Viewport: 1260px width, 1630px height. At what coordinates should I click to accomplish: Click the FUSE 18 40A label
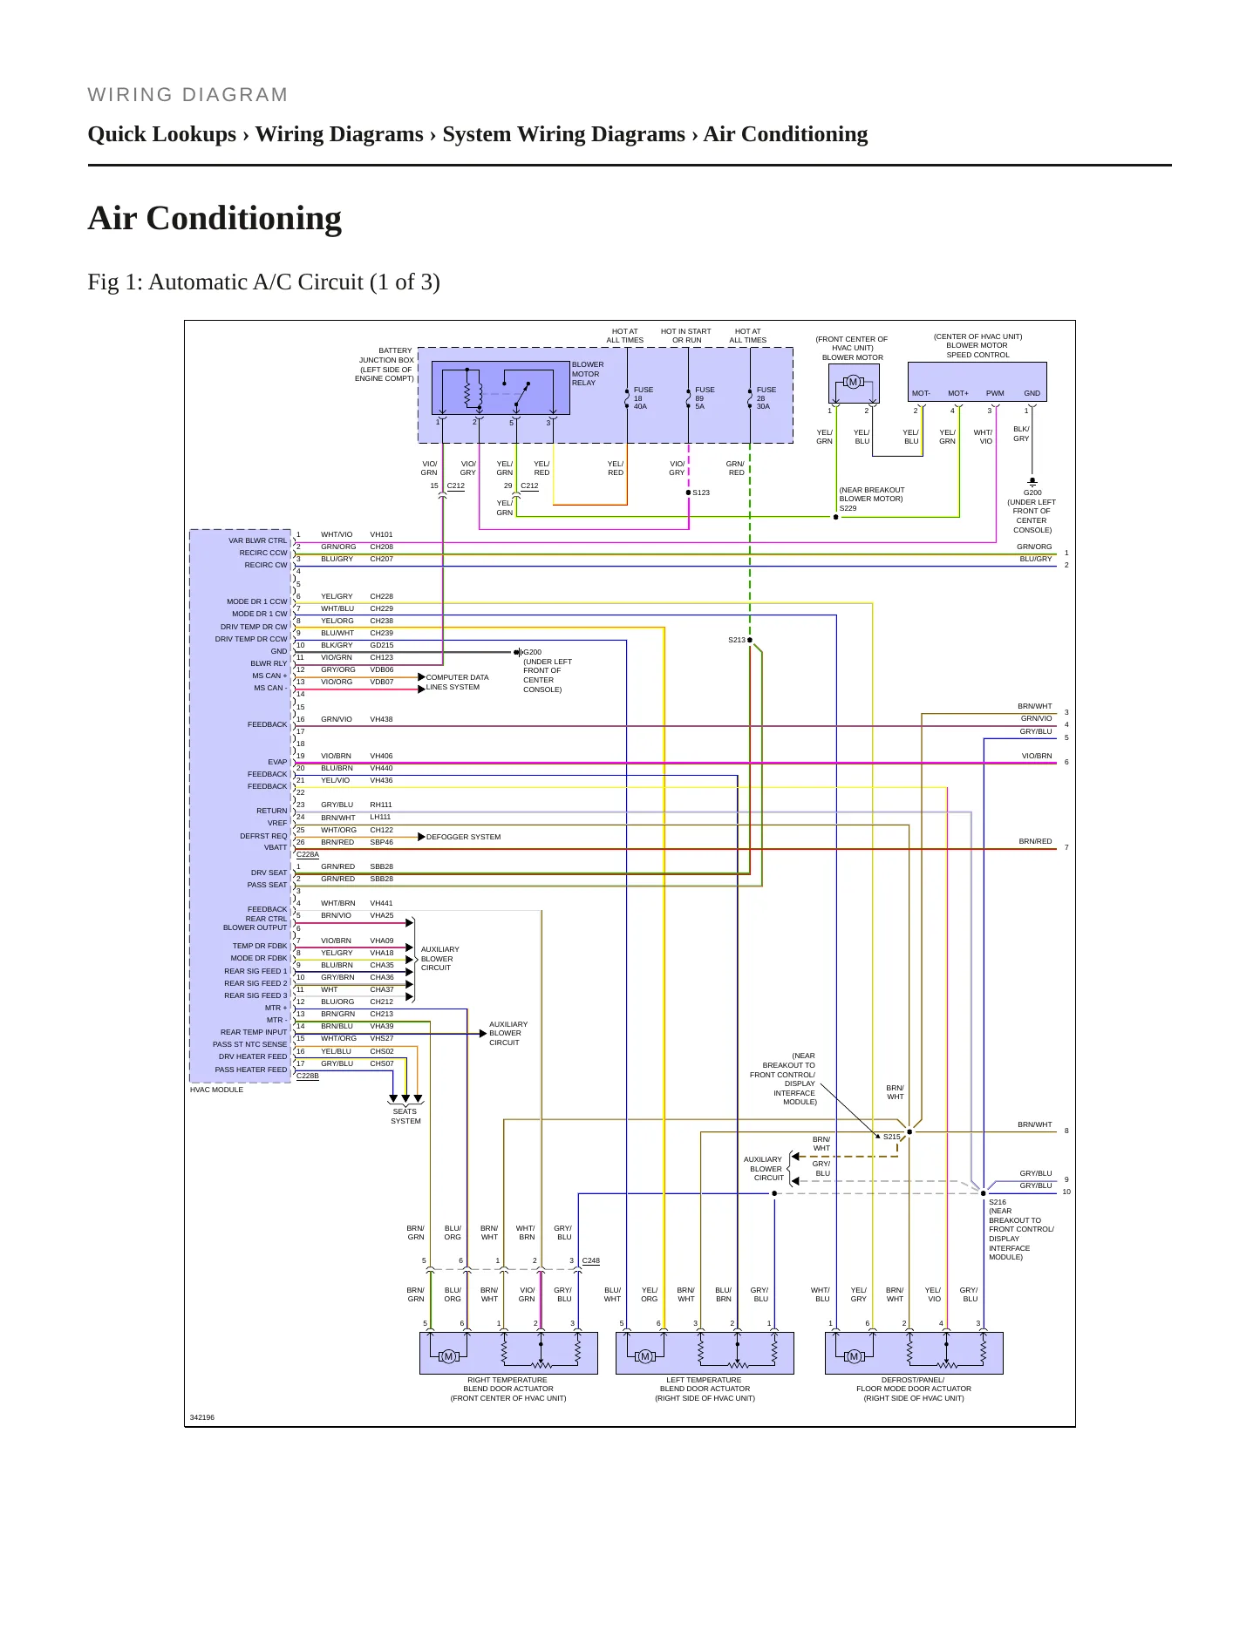(x=643, y=398)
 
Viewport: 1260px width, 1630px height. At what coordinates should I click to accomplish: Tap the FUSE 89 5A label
(x=705, y=398)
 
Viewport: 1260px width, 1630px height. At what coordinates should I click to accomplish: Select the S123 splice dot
(x=689, y=492)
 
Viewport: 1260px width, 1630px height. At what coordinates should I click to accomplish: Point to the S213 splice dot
(x=750, y=640)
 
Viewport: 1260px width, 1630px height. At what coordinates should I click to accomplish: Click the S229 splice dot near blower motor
(x=835, y=517)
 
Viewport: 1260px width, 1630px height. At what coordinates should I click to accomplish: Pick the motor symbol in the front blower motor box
(x=853, y=382)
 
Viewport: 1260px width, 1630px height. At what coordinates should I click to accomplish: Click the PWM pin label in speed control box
(x=995, y=393)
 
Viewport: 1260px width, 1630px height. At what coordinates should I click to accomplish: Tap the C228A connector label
(x=308, y=854)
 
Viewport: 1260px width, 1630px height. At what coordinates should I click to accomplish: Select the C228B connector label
(x=308, y=1076)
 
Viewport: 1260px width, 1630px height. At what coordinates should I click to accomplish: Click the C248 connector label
(x=590, y=1260)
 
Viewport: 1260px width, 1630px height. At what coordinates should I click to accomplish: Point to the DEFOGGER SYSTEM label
(x=463, y=837)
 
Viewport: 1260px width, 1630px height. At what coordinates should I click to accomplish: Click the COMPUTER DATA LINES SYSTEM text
(x=457, y=682)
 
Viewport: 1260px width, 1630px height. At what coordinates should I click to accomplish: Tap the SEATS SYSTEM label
(x=405, y=1116)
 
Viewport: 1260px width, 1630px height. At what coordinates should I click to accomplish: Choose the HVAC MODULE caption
(x=216, y=1090)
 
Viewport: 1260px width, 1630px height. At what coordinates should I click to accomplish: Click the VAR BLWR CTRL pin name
(x=257, y=540)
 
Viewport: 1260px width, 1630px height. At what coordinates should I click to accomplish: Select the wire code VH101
(x=381, y=534)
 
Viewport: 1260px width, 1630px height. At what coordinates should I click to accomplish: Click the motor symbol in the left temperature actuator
(x=644, y=1356)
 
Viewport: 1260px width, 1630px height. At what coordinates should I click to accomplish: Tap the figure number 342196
(x=201, y=1417)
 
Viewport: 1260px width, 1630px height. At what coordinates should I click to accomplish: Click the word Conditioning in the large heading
(x=244, y=219)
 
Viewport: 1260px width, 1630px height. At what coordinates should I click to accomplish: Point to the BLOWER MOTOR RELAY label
(x=587, y=374)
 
